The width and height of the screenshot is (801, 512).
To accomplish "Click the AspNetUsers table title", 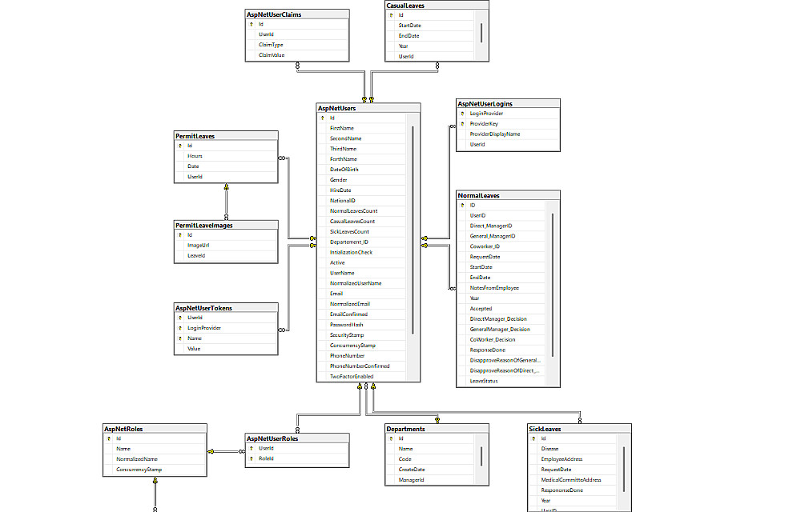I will pos(336,108).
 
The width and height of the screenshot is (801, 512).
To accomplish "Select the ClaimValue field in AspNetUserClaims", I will pos(272,55).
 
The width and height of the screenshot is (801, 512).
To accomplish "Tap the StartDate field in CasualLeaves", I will pos(409,26).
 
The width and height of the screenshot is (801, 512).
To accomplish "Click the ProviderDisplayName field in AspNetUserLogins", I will pos(494,134).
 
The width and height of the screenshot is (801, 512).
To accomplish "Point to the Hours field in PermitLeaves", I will pos(195,156).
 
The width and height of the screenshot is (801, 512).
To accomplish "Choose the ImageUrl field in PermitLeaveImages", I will pos(199,246).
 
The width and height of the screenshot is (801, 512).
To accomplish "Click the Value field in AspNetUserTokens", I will pos(194,349).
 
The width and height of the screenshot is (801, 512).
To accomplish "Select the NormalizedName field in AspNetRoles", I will pos(136,459).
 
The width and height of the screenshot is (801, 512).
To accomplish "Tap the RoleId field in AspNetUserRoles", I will pos(266,459).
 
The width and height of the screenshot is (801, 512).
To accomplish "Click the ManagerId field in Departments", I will pos(411,480).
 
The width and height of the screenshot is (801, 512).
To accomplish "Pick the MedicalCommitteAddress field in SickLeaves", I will pos(571,480).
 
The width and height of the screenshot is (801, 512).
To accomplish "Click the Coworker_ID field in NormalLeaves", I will pos(485,246).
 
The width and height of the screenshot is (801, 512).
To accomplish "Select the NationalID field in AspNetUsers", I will pos(342,201).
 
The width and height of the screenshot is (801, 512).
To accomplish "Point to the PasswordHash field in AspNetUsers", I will pos(346,325).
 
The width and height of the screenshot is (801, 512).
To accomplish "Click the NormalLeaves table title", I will pos(478,195).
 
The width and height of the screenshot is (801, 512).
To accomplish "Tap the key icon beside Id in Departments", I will pos(391,438).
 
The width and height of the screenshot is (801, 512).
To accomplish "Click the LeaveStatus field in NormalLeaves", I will pos(484,381).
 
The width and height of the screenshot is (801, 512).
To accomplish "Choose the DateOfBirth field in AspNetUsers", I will pos(344,170).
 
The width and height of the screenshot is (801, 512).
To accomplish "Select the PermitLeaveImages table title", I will pos(204,226).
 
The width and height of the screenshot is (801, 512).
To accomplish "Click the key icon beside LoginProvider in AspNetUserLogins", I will pos(461,114).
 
